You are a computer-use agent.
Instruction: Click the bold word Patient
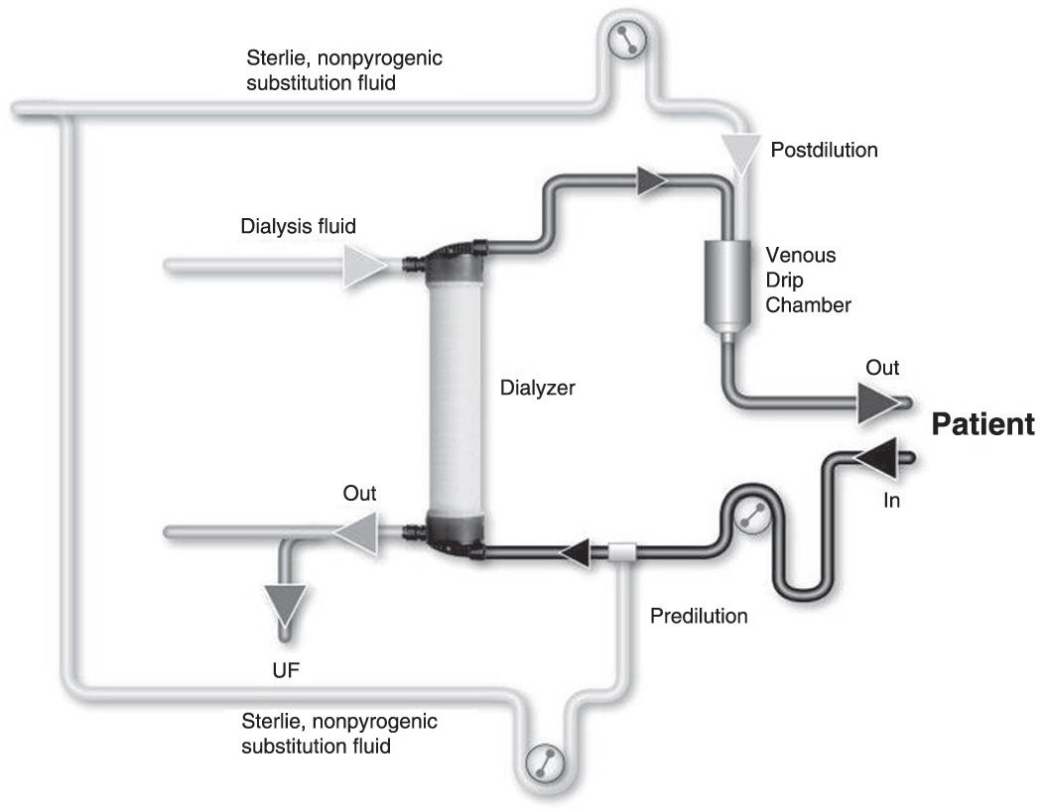coord(982,425)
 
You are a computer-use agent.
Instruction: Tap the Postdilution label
coord(824,151)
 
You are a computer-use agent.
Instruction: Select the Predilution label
coord(699,616)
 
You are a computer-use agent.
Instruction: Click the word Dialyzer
coord(538,389)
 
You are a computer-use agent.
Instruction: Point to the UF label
coord(286,671)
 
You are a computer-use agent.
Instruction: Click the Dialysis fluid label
coord(299,226)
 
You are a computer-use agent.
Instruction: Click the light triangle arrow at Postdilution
coord(740,150)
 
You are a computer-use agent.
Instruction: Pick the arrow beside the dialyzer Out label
coord(352,532)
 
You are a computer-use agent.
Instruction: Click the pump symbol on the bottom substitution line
coord(545,764)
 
